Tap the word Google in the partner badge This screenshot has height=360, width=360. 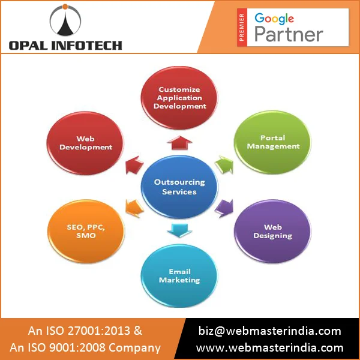click(x=274, y=18)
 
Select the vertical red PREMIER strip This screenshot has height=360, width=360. click(x=242, y=27)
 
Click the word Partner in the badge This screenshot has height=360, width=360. click(x=289, y=34)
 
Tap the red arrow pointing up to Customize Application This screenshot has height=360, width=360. click(x=179, y=142)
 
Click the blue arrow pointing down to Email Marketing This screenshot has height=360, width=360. click(x=179, y=229)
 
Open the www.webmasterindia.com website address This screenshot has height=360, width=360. click(x=270, y=347)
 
